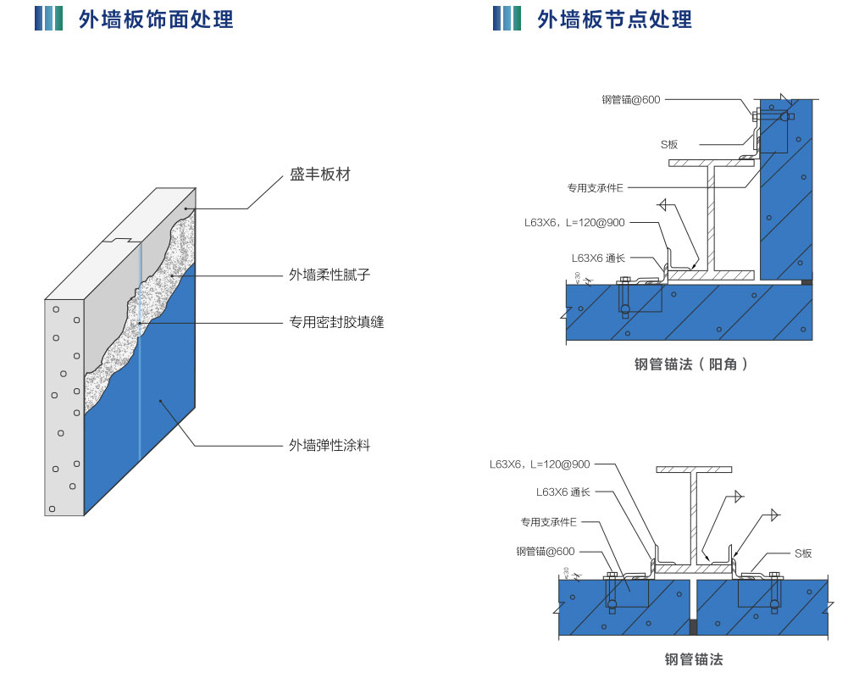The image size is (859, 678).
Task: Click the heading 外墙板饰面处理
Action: pyautogui.click(x=155, y=19)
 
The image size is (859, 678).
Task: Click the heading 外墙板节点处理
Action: pyautogui.click(x=614, y=19)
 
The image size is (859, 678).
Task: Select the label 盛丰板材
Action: pyautogui.click(x=319, y=175)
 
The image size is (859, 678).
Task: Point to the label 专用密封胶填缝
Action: pyautogui.click(x=336, y=322)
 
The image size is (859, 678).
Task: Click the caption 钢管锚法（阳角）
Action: pyautogui.click(x=692, y=365)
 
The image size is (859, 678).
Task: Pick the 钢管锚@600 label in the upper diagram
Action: pyautogui.click(x=630, y=100)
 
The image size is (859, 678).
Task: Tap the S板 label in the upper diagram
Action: pyautogui.click(x=669, y=145)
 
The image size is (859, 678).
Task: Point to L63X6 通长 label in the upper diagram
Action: pyautogui.click(x=598, y=258)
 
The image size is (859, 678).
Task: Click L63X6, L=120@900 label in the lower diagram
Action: pyautogui.click(x=540, y=464)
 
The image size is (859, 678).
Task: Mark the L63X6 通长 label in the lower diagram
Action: pyautogui.click(x=563, y=492)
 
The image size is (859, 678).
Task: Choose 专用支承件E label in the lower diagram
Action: pyautogui.click(x=548, y=522)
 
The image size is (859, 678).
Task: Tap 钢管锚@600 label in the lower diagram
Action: pyautogui.click(x=545, y=552)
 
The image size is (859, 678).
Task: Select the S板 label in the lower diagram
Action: pyautogui.click(x=802, y=553)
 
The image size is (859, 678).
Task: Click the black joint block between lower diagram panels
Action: pyautogui.click(x=694, y=627)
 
